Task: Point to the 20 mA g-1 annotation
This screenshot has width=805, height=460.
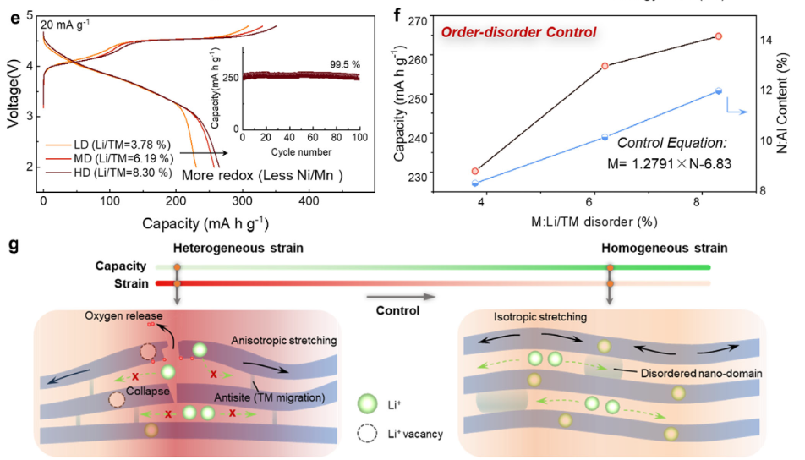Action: point(65,24)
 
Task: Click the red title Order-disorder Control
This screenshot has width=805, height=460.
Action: point(518,32)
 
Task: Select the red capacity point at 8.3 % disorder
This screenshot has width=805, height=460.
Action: point(718,36)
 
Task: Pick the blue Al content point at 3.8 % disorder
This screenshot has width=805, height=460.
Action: point(475,183)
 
